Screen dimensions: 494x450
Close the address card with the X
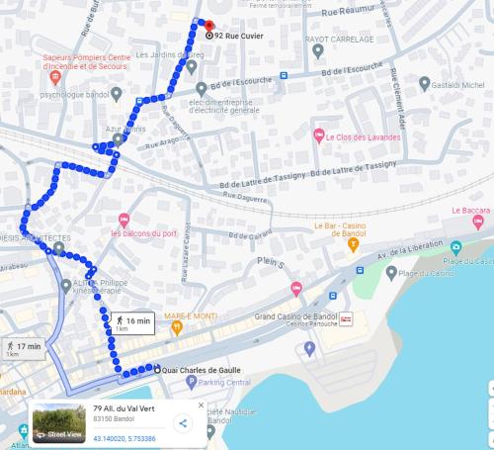tap(201, 405)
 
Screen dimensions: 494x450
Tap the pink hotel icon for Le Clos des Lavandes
tap(318, 135)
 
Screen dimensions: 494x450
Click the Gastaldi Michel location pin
tap(425, 85)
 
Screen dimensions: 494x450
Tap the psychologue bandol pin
tap(117, 95)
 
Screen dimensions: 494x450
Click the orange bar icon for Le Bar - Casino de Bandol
tap(353, 243)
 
